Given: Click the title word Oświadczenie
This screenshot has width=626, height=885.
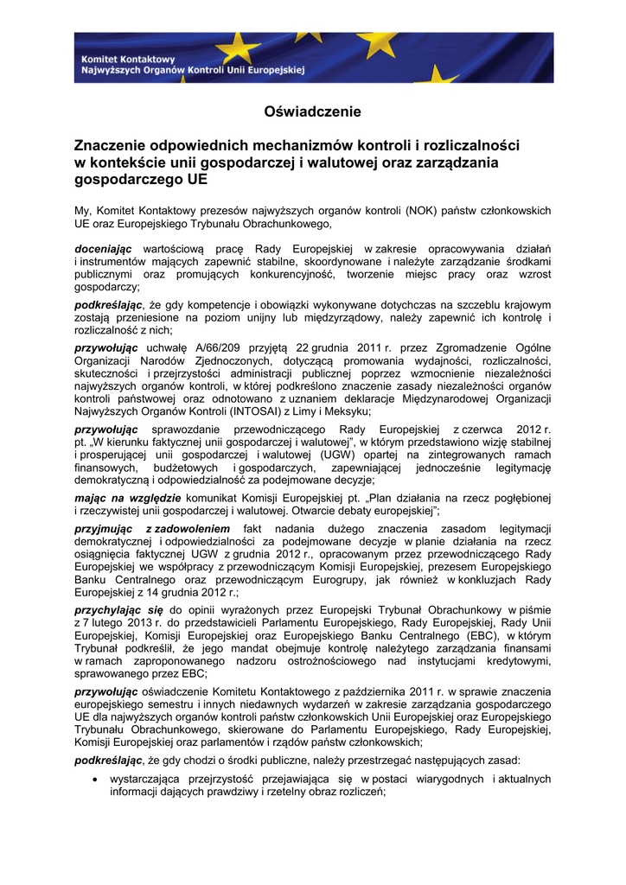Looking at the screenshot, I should point(312,111).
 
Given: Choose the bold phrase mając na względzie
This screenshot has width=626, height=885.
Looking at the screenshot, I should point(127,498).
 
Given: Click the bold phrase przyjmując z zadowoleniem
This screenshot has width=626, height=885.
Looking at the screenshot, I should point(152,529).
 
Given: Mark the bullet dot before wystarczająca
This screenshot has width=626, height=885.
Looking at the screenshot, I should point(93,780).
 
